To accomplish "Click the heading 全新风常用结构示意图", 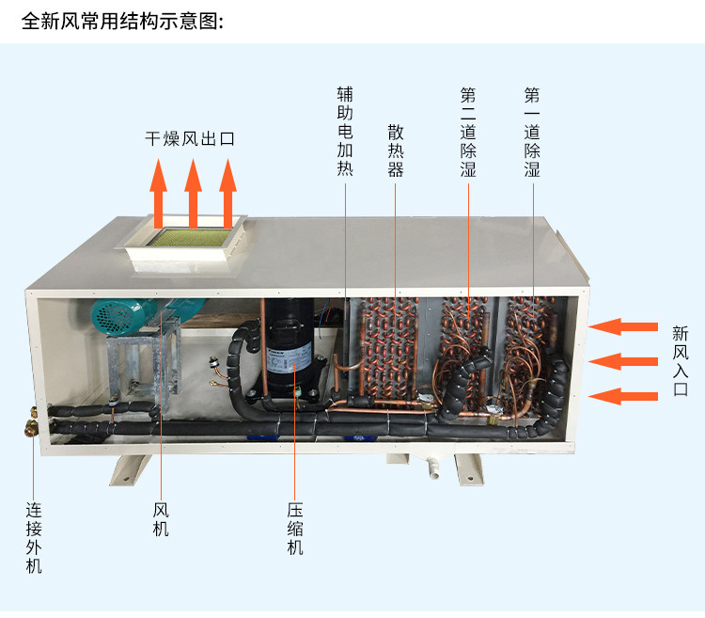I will tap(122, 20).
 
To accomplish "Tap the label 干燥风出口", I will tap(190, 139).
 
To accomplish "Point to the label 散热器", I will tap(396, 151).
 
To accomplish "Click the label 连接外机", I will tap(34, 538).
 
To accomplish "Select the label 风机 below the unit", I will tap(161, 518).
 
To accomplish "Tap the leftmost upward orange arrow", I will tap(159, 196).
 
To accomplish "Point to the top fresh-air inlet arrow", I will tap(624, 326).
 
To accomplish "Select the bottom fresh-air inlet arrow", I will tap(624, 395).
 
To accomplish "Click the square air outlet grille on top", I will tap(193, 241).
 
